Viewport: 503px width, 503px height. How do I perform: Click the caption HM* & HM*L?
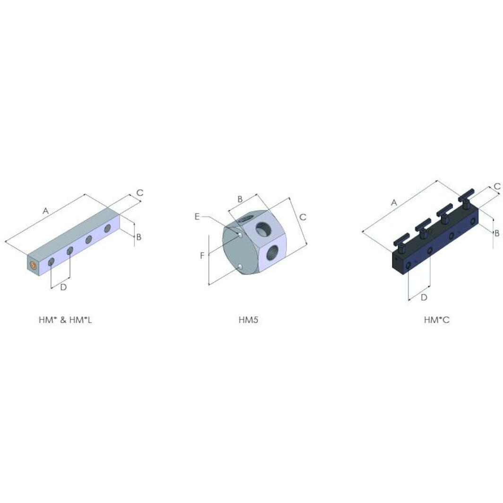point(65,320)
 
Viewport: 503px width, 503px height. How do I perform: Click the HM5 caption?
point(248,320)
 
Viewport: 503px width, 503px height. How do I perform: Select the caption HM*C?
point(436,320)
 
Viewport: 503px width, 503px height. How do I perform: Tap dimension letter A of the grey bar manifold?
point(46,211)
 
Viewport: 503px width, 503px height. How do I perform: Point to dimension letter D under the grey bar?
point(63,287)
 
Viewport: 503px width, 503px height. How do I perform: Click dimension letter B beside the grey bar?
point(139,237)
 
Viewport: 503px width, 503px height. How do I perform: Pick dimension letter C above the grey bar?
point(140,193)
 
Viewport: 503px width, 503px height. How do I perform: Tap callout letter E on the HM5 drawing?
point(197,217)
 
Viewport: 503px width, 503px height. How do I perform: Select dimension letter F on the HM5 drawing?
point(202,256)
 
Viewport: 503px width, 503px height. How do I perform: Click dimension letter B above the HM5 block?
point(240,199)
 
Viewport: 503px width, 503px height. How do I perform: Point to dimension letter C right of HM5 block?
point(303,217)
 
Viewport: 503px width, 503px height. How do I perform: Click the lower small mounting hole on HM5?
point(241,268)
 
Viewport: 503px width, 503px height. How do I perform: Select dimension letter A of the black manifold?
point(394,202)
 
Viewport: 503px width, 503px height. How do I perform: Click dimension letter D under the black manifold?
point(424,297)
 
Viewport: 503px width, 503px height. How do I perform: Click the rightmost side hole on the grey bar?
point(107,229)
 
